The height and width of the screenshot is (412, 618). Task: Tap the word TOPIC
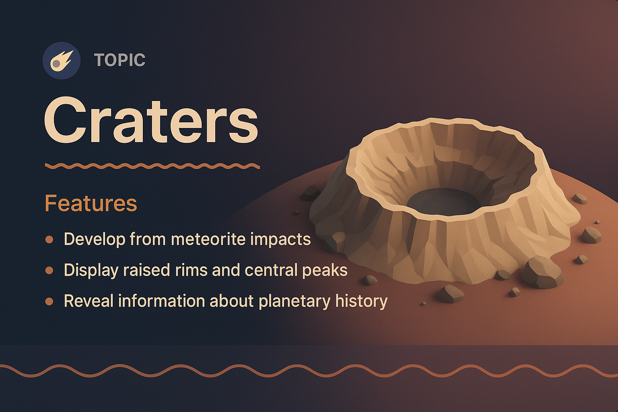pos(119,60)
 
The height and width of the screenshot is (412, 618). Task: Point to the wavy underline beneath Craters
pos(152,166)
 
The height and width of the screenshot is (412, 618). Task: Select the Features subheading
pos(91,203)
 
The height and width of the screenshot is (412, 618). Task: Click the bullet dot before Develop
pos(49,240)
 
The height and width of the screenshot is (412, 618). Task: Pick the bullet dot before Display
pos(49,270)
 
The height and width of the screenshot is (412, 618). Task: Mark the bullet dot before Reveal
pos(49,301)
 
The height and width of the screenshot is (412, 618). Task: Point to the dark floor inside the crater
pos(443,201)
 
